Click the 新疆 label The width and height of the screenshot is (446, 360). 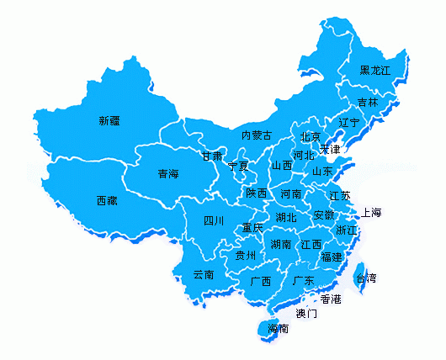click(109, 121)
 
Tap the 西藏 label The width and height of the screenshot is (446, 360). click(107, 201)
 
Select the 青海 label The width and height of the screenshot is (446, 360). click(168, 174)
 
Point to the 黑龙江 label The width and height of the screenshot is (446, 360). click(375, 70)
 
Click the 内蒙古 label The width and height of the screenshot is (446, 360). click(257, 135)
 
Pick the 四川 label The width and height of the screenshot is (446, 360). click(214, 221)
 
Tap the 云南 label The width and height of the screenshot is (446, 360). click(204, 274)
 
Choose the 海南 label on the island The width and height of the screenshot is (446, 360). click(279, 328)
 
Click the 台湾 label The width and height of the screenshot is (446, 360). click(366, 278)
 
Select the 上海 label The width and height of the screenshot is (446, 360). click(371, 212)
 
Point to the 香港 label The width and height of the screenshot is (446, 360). click(331, 299)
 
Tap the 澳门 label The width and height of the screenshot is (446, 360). click(306, 314)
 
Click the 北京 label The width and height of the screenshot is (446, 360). click(310, 136)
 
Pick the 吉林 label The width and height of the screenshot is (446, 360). click(368, 102)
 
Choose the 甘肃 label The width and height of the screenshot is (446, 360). click(212, 156)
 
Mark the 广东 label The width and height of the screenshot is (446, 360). click(303, 280)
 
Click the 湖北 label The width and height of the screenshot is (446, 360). click(286, 217)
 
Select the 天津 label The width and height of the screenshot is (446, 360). click(330, 150)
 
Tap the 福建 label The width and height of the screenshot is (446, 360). click(332, 257)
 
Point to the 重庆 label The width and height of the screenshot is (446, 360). click(252, 228)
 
